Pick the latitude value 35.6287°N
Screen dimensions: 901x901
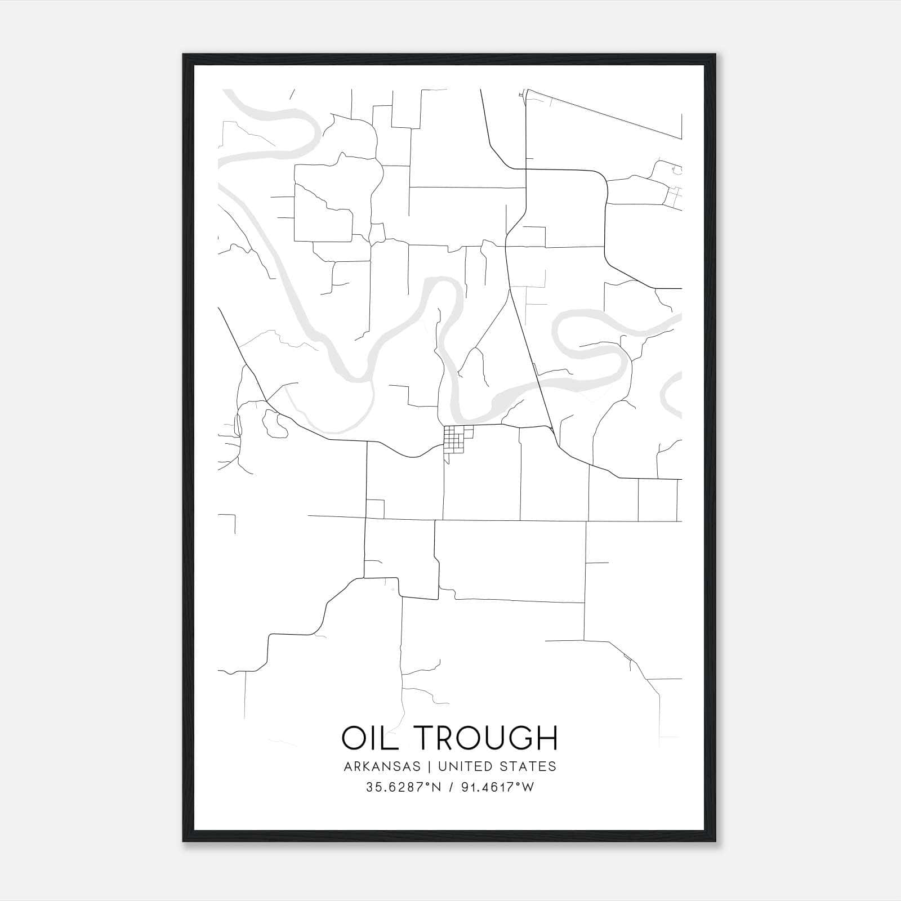pyautogui.click(x=403, y=788)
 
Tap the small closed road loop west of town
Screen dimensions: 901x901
pyautogui.click(x=275, y=424)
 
